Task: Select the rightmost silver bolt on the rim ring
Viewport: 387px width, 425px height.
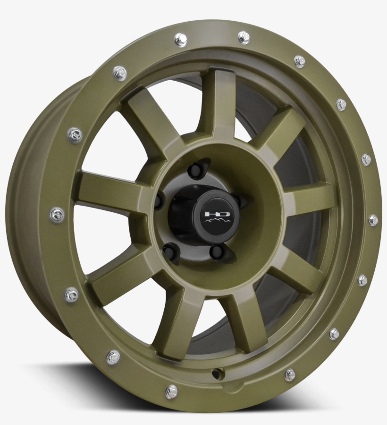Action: (373, 220)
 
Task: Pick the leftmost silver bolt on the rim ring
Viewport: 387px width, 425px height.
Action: (57, 215)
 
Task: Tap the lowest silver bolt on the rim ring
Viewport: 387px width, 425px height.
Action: (171, 391)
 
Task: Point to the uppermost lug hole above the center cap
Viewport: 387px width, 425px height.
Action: (195, 170)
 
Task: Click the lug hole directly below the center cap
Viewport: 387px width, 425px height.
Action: (217, 251)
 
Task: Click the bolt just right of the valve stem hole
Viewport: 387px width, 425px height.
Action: (290, 375)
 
